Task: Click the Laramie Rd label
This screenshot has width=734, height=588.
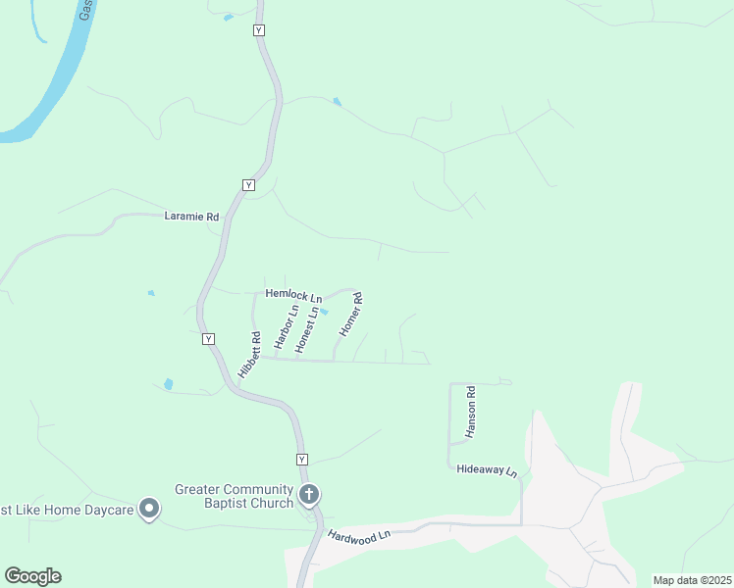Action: click(x=191, y=217)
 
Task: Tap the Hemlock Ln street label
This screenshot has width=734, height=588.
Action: click(x=294, y=295)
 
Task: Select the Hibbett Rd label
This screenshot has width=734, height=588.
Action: click(x=248, y=356)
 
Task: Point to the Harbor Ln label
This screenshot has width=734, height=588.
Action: click(x=286, y=328)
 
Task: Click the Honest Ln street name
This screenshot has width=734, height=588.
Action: click(x=307, y=330)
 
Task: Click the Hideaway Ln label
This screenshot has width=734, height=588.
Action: click(x=487, y=469)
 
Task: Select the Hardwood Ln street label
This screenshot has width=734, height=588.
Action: click(x=360, y=536)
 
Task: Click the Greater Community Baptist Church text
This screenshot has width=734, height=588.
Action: click(x=234, y=496)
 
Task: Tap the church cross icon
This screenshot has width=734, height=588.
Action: click(x=308, y=494)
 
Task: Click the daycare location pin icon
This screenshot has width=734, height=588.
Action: click(x=149, y=508)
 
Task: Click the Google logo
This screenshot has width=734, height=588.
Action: click(x=32, y=576)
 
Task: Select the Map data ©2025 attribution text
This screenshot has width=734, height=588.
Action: click(x=691, y=580)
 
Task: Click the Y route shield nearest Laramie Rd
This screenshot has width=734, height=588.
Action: click(x=248, y=184)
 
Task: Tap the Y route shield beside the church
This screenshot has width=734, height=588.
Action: click(x=301, y=460)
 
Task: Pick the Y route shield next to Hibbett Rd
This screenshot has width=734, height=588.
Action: click(x=208, y=339)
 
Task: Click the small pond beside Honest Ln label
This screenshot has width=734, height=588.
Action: click(x=323, y=313)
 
